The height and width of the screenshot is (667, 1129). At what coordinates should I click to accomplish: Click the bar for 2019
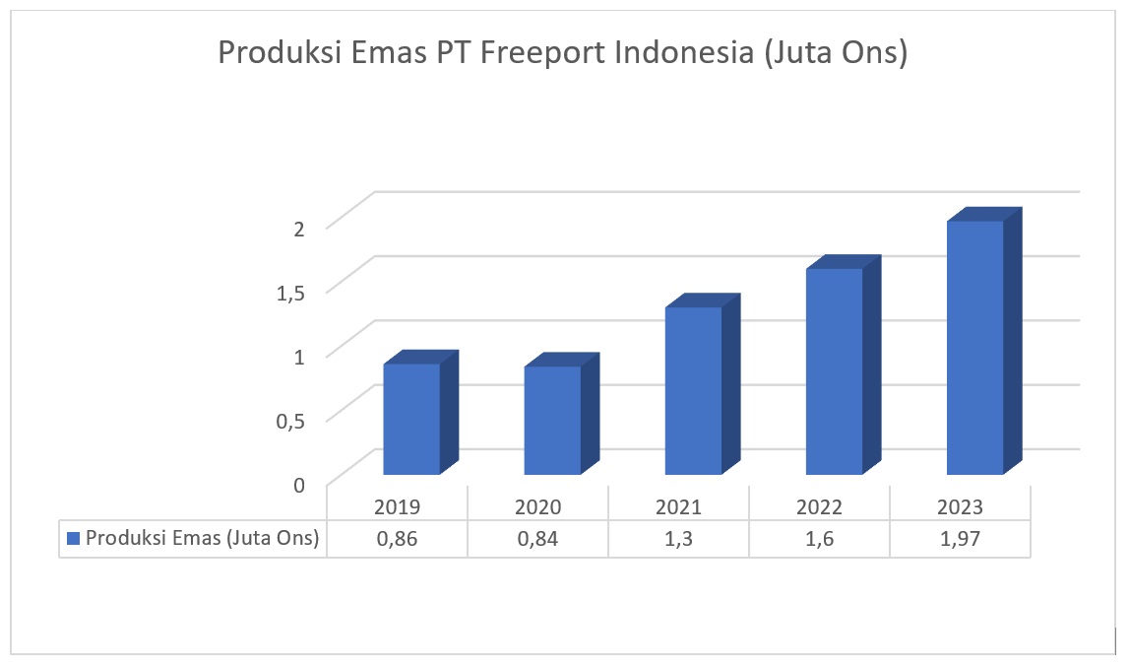click(x=411, y=419)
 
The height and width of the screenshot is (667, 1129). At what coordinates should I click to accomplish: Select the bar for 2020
click(x=552, y=420)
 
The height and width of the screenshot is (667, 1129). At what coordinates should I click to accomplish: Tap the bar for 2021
click(x=693, y=390)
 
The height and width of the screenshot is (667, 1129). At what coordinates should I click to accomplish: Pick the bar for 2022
click(x=834, y=370)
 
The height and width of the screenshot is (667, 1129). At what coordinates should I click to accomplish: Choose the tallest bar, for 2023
click(x=974, y=347)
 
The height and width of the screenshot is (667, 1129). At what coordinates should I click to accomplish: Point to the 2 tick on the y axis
click(x=301, y=227)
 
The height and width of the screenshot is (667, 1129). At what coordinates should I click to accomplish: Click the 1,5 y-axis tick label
click(x=292, y=291)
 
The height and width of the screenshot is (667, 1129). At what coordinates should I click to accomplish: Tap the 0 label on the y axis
click(x=300, y=483)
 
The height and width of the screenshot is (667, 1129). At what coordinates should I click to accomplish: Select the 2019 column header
click(x=397, y=507)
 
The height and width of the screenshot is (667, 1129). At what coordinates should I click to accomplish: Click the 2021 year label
click(x=678, y=507)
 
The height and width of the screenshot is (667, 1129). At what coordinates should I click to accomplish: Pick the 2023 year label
click(x=960, y=507)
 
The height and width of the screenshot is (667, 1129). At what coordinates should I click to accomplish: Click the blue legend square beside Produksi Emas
click(x=73, y=538)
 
